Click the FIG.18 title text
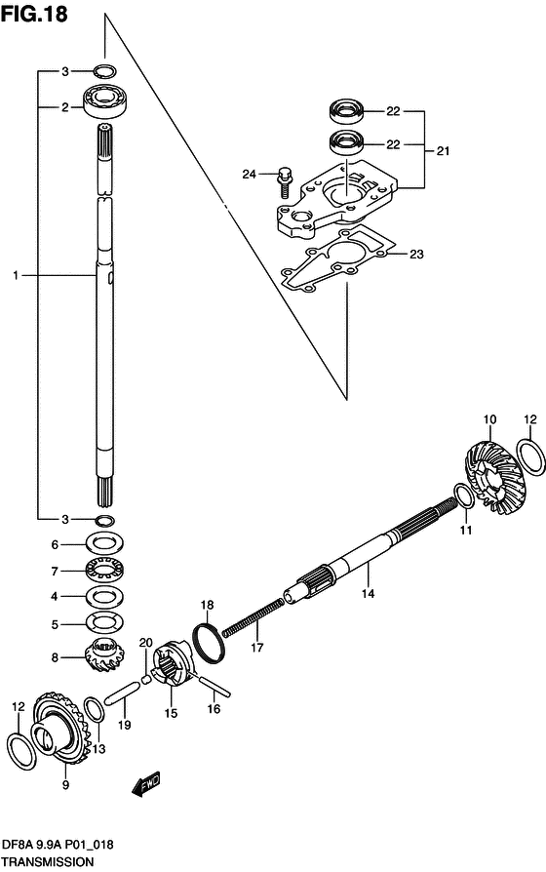[34, 14]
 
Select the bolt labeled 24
[284, 180]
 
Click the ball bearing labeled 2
[104, 101]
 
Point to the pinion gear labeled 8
[105, 656]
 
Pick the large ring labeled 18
[209, 643]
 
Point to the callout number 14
[369, 593]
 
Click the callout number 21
[444, 150]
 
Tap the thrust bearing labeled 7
[105, 571]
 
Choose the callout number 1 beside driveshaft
[17, 275]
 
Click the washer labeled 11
[464, 495]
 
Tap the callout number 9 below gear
[65, 785]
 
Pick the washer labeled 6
[105, 543]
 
